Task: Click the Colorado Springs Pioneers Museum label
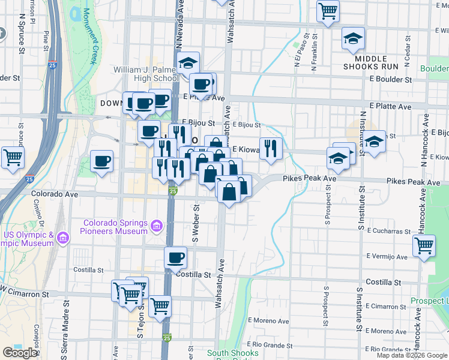point(115,226)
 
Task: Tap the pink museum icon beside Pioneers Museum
point(156,226)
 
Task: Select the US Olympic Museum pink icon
point(62,239)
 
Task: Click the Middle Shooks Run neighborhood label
point(376,62)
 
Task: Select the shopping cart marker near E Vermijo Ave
point(424,246)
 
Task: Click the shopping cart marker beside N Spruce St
point(13,158)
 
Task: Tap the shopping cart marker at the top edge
point(328,10)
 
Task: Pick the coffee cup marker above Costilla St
point(175,258)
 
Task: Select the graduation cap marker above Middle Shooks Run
point(353,38)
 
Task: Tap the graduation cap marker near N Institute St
point(375,143)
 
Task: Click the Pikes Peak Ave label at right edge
point(413,181)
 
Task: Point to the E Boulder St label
point(390,79)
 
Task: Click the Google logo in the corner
point(20,352)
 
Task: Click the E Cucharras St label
point(389,230)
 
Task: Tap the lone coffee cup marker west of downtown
point(101,161)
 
